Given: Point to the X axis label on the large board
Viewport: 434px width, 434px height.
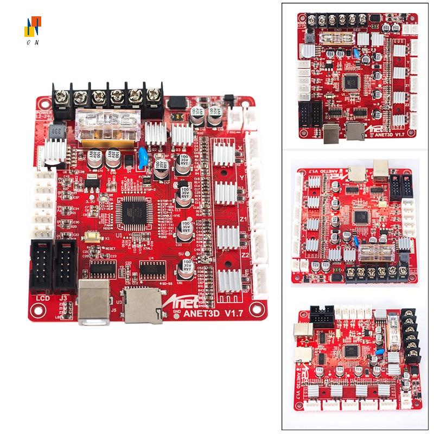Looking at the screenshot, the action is coord(242,148).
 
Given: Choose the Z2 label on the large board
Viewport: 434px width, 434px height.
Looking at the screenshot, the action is coord(245,253).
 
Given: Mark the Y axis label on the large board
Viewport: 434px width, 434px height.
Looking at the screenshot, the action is coord(242,177).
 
